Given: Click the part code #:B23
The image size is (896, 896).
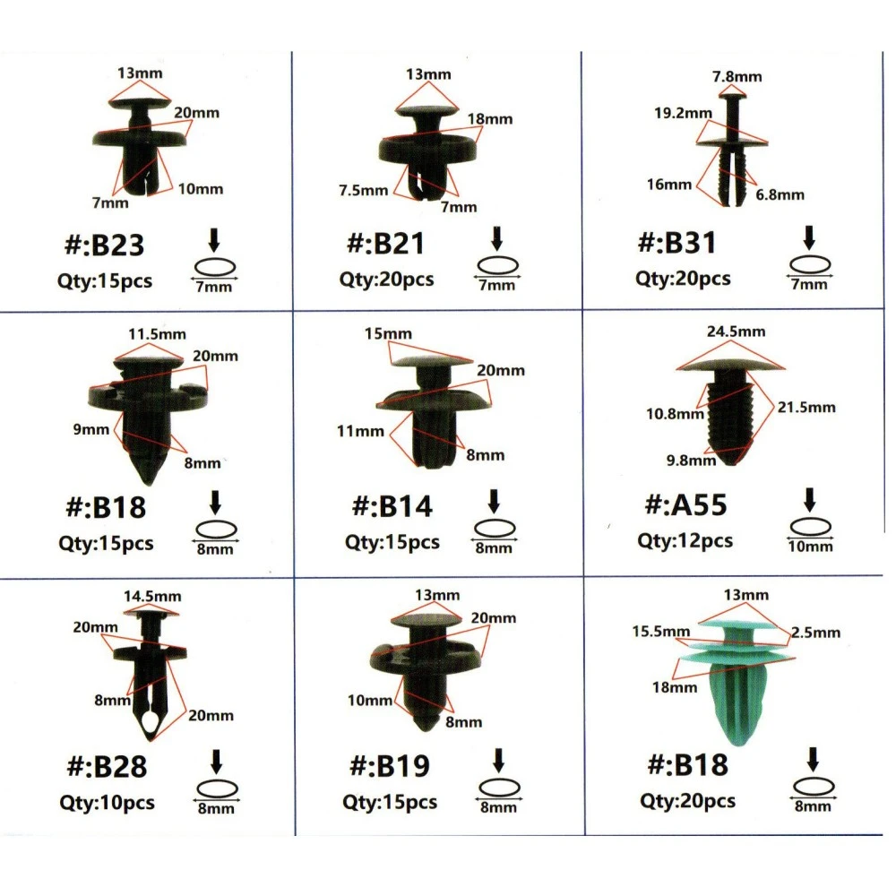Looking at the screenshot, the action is [104, 246].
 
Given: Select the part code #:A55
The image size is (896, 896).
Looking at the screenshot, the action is [685, 505].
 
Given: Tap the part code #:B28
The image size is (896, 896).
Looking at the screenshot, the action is [107, 766].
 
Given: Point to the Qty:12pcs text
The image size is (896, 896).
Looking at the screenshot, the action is [685, 540].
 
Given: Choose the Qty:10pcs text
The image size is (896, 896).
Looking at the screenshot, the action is [107, 802].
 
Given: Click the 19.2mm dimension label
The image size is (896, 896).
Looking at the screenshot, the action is [683, 113].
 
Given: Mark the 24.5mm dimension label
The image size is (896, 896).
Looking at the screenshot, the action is [736, 332].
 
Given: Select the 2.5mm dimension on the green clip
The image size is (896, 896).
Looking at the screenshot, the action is [815, 633].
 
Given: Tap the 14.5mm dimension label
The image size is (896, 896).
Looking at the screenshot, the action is [152, 597].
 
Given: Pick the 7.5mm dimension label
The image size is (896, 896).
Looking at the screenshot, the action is [364, 190].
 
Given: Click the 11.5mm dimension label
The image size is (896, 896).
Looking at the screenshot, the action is [157, 334].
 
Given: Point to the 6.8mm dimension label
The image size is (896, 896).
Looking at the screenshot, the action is [780, 194].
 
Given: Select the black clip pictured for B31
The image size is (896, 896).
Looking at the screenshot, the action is [733, 150].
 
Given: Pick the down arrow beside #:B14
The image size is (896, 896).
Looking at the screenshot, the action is [494, 501].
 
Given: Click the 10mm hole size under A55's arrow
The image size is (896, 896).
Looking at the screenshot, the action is [810, 547].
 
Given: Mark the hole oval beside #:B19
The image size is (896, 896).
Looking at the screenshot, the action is [499, 788].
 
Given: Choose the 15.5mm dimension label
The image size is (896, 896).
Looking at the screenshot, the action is [661, 632].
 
